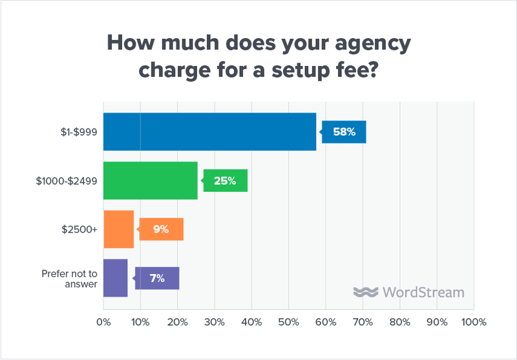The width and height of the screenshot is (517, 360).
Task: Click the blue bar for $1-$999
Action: (x=209, y=132)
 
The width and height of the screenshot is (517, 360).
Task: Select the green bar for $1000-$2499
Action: (x=150, y=180)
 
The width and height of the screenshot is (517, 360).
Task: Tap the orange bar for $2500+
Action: (x=118, y=229)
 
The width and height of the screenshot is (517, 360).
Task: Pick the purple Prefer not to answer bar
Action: (x=115, y=277)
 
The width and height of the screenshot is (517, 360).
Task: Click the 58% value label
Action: (x=344, y=132)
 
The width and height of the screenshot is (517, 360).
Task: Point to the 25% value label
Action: (x=226, y=180)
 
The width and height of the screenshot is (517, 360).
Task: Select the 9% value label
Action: (x=162, y=229)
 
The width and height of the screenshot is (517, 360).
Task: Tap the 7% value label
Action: (x=158, y=278)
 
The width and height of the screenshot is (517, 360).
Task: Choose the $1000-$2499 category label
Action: (x=67, y=181)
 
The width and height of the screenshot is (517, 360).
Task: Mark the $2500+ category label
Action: (x=79, y=229)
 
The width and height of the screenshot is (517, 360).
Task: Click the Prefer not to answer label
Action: (x=69, y=278)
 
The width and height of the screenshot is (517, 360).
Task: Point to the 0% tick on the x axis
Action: (x=103, y=321)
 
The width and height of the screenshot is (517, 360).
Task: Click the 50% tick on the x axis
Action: (x=289, y=321)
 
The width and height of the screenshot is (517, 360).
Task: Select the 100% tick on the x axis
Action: (x=474, y=321)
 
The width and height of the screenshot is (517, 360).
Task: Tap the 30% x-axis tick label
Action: (x=215, y=321)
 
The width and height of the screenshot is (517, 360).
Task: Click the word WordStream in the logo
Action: (x=423, y=292)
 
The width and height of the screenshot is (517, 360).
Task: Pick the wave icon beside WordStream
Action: (x=366, y=292)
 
